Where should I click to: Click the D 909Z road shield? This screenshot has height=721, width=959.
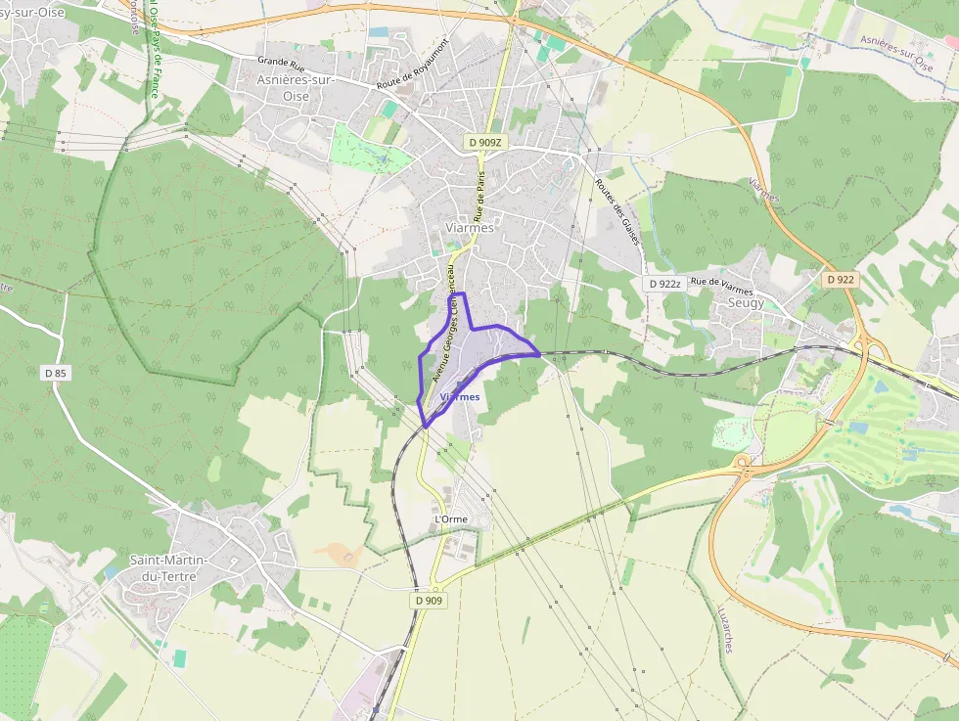(485, 143)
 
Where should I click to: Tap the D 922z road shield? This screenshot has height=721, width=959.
(663, 284)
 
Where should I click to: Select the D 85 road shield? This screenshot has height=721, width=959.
(55, 373)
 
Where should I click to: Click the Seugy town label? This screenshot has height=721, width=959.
(747, 303)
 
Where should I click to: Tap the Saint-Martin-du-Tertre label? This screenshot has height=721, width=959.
(163, 567)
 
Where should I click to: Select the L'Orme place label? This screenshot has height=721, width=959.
(450, 518)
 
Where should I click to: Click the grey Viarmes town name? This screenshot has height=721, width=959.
(469, 227)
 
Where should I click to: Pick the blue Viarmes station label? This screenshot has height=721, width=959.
(460, 397)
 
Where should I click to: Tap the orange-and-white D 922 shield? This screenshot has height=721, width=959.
(840, 279)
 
